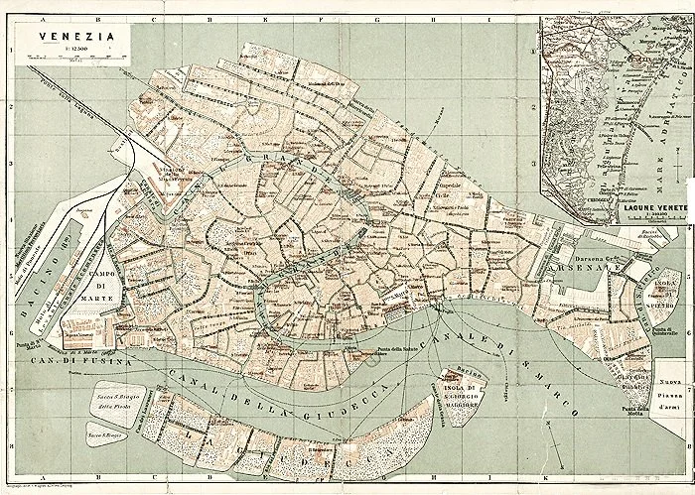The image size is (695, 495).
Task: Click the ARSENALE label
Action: (x=575, y=269)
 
